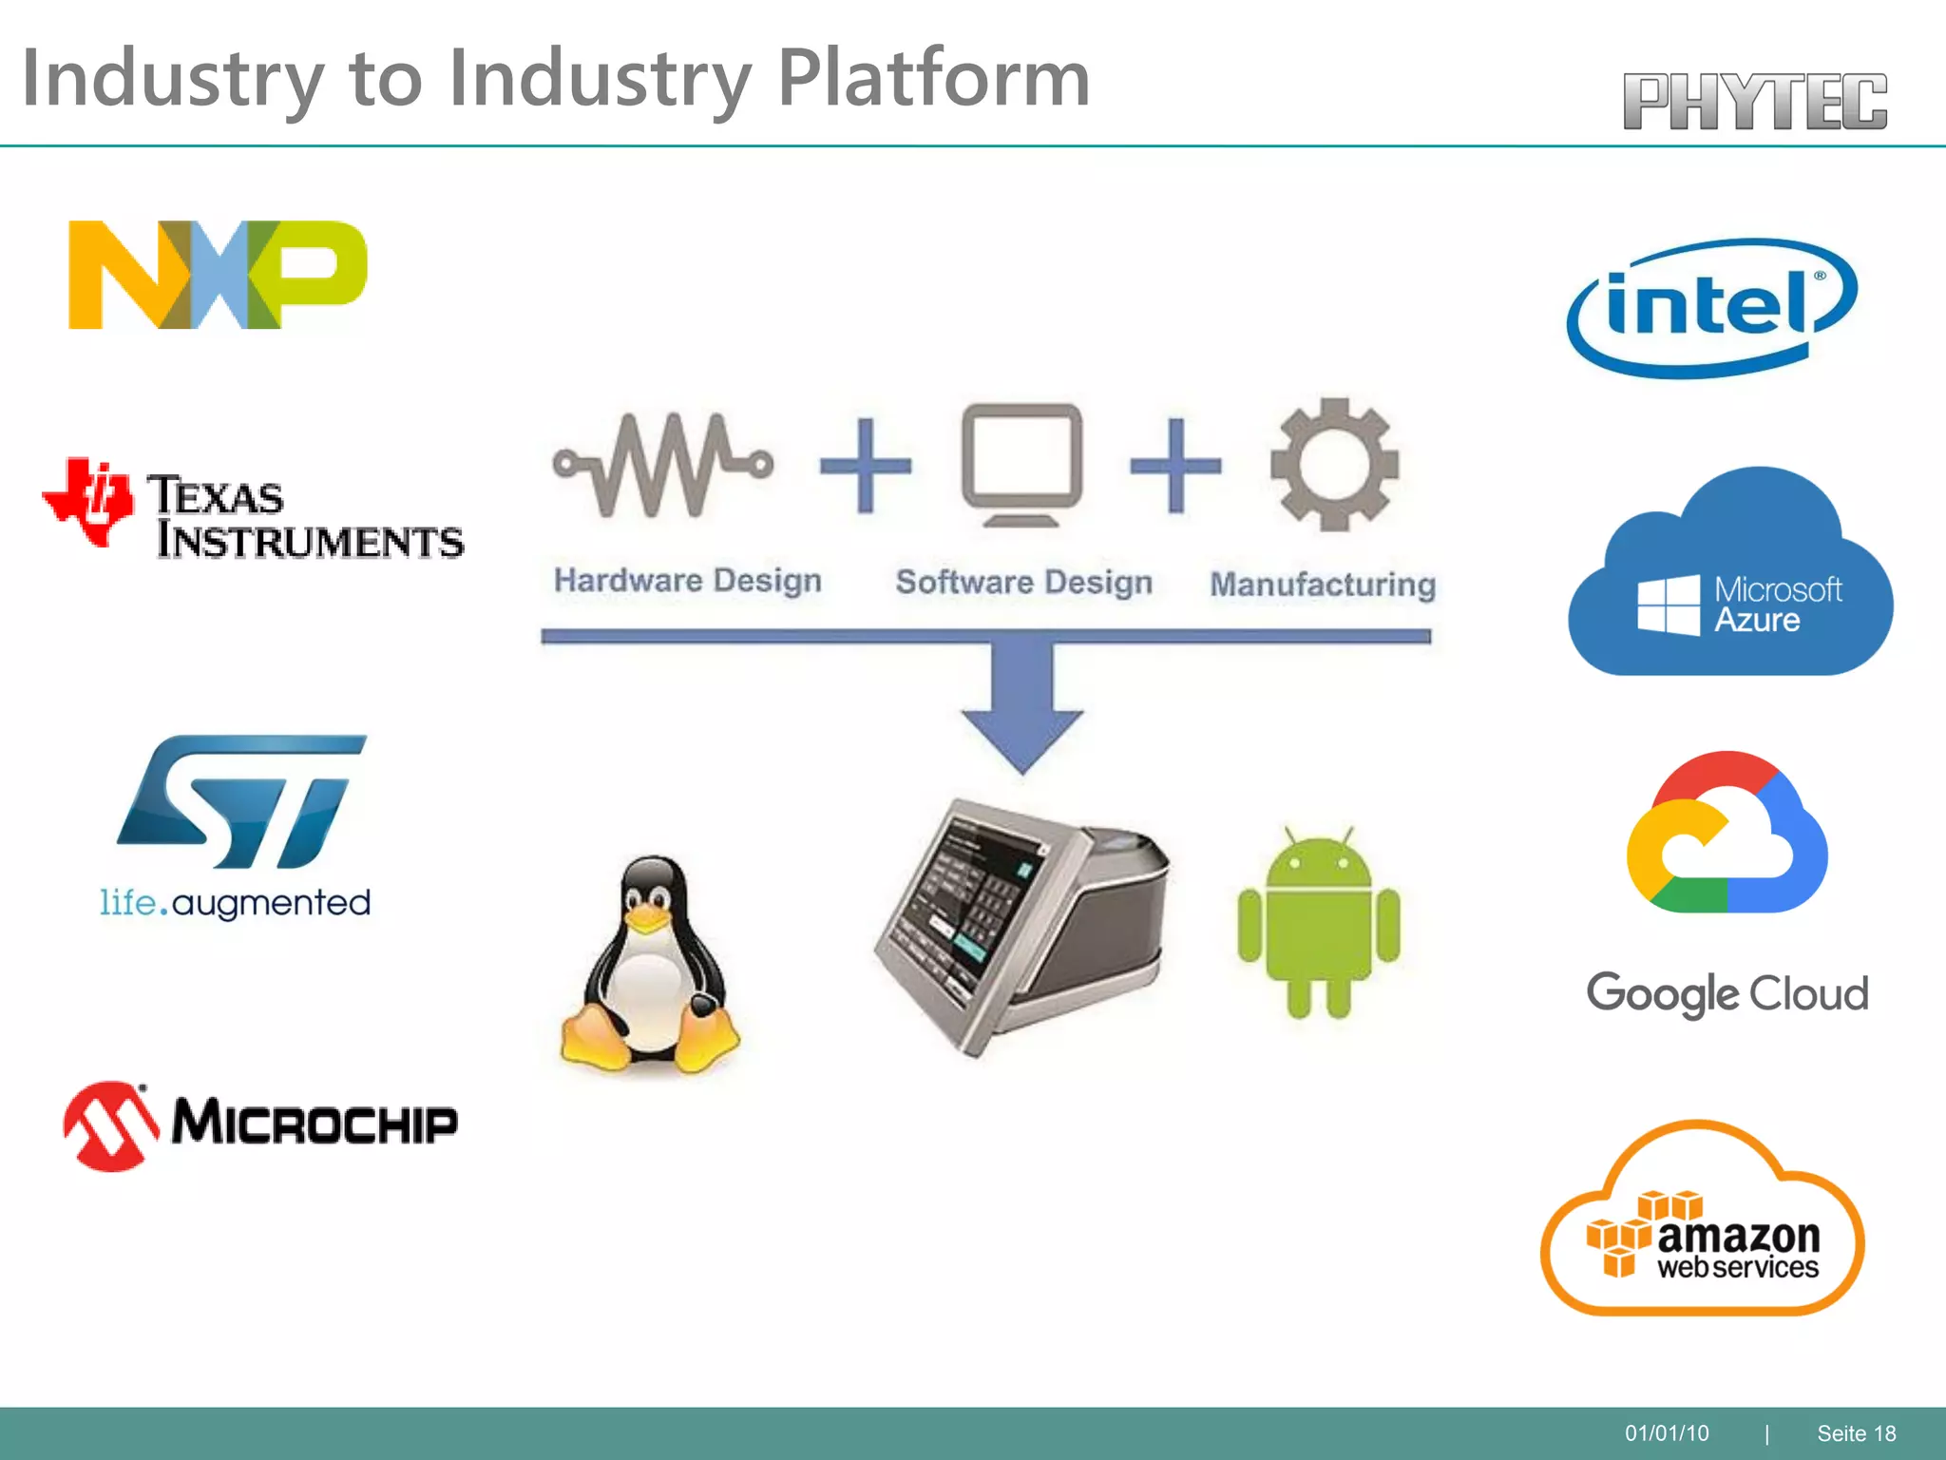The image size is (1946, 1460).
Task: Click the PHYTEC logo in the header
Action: pos(1754,101)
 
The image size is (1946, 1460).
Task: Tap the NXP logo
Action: pos(217,275)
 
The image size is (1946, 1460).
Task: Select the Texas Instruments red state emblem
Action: pos(88,501)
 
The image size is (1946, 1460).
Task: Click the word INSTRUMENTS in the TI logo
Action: pos(310,541)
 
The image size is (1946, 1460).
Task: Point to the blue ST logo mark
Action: pos(241,800)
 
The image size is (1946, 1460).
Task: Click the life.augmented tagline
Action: pos(235,902)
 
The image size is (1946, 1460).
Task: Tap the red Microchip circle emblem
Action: pos(111,1125)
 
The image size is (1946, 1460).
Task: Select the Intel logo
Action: pos(1710,307)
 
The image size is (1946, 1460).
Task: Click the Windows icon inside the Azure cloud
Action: pos(1668,605)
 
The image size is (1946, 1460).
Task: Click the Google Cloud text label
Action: pos(1727,993)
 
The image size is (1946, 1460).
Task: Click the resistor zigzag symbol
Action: pos(663,465)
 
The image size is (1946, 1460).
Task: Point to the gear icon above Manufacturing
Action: pos(1334,464)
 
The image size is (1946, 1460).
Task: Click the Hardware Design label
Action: pos(687,580)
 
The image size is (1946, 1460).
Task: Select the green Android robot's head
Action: pos(1319,861)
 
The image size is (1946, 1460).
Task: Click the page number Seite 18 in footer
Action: pos(1856,1433)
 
